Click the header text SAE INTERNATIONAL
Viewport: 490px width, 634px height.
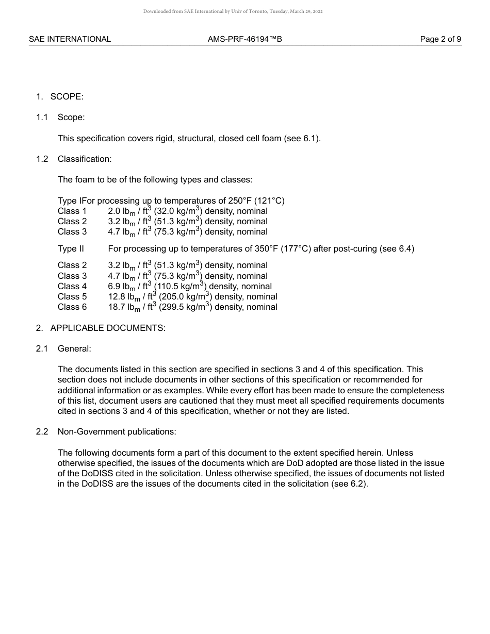tap(70, 39)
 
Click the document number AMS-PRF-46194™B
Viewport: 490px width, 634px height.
tap(245, 39)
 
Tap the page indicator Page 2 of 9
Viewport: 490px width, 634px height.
tap(440, 39)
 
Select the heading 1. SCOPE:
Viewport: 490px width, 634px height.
tap(60, 96)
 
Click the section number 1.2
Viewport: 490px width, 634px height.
tap(42, 159)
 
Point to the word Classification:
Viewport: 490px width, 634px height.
tap(85, 159)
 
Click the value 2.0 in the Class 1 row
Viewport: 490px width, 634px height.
tap(114, 211)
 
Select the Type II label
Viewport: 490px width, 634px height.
tap(71, 249)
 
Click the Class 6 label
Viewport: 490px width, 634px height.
tap(72, 307)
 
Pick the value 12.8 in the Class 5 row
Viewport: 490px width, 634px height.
tap(116, 297)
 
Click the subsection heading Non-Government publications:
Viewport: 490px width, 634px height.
tap(117, 432)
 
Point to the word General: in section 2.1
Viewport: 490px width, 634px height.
tap(74, 348)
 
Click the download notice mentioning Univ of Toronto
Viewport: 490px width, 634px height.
tap(233, 11)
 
